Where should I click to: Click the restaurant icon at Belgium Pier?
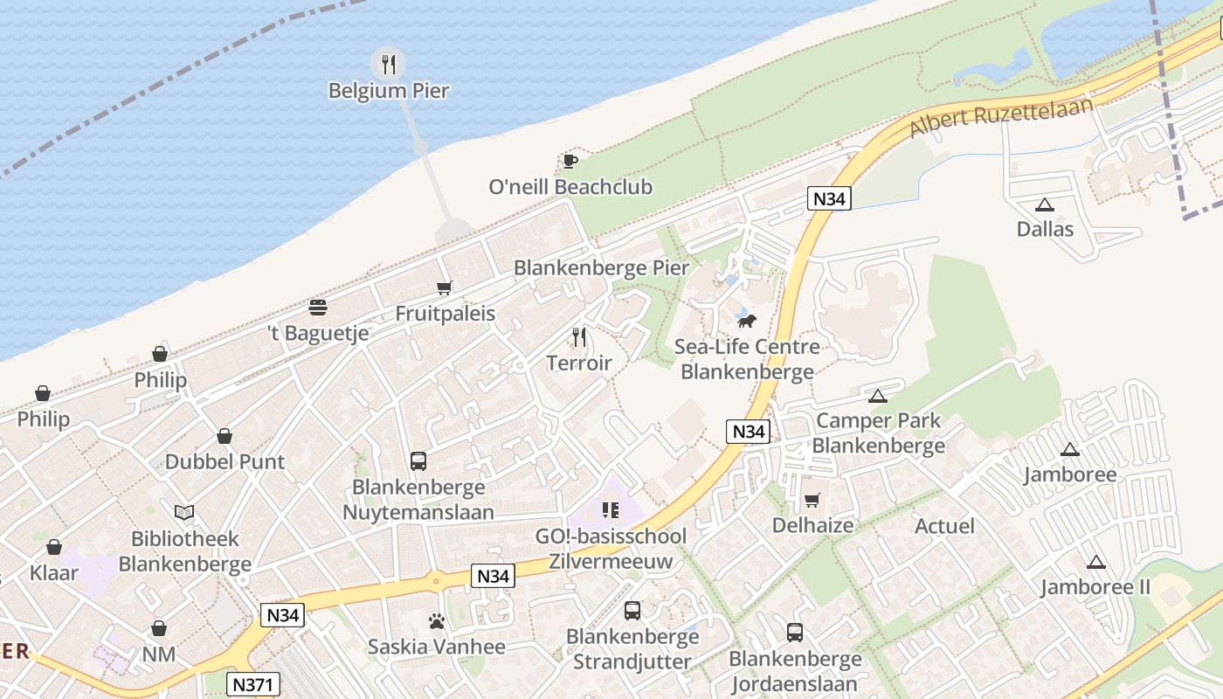click(x=389, y=64)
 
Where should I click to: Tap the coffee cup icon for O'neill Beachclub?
click(x=570, y=161)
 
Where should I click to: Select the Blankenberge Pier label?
click(x=601, y=268)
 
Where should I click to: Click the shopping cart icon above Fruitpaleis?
click(x=445, y=287)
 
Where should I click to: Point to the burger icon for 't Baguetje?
click(x=318, y=307)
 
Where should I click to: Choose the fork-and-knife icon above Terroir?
click(x=578, y=336)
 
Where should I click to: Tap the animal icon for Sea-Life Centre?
click(x=746, y=320)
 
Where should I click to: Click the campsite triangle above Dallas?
click(x=1044, y=205)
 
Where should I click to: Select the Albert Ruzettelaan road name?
click(x=1001, y=118)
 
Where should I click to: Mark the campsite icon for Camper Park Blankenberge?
click(x=878, y=396)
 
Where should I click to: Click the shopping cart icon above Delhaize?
click(x=812, y=500)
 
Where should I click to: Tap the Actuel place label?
click(x=944, y=526)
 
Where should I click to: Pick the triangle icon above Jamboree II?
click(x=1095, y=562)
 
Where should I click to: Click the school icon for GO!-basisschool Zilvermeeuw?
click(x=610, y=509)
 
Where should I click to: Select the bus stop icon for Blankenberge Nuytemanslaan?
click(x=418, y=460)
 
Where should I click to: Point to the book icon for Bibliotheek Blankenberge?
click(x=184, y=512)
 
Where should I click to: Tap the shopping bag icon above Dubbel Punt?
click(x=225, y=435)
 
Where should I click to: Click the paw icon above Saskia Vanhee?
click(x=437, y=621)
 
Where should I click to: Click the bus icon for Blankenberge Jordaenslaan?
click(x=795, y=632)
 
